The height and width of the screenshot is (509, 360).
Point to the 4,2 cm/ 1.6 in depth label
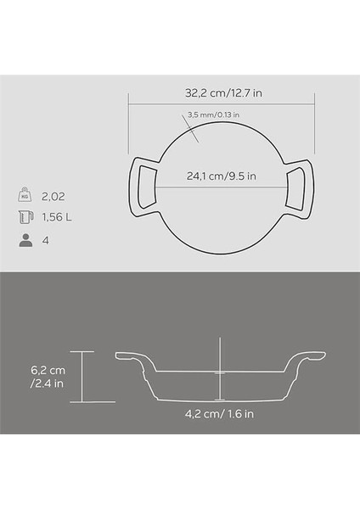click(x=220, y=415)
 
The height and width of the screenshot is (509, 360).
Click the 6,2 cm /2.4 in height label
click(x=48, y=377)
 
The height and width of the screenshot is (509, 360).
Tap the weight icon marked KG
click(x=24, y=195)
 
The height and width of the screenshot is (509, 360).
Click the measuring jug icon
click(x=24, y=218)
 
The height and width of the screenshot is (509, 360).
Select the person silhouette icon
click(x=24, y=241)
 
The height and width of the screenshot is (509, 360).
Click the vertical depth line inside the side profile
click(x=220, y=373)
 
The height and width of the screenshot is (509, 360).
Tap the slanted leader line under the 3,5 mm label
click(x=193, y=130)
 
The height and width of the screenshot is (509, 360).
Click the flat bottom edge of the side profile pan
click(x=220, y=400)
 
